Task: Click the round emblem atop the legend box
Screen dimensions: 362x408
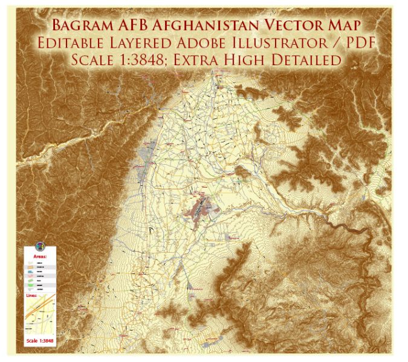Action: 40,246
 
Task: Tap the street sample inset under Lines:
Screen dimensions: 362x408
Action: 40,317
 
